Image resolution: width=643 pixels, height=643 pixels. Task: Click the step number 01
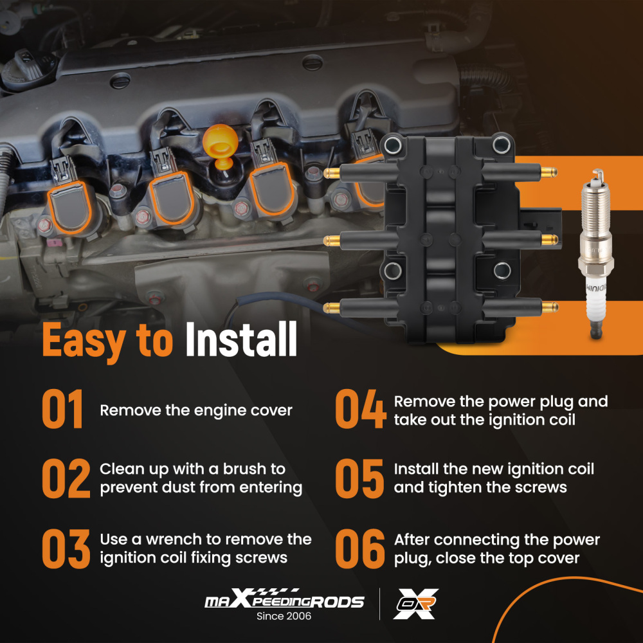click(x=62, y=409)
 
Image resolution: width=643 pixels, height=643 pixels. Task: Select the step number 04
click(x=361, y=409)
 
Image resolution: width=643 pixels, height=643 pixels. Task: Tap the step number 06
click(x=360, y=548)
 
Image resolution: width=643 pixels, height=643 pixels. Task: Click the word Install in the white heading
click(x=241, y=339)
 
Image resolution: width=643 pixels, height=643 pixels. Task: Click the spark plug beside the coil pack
click(x=596, y=253)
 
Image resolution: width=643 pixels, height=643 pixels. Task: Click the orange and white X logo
click(x=415, y=604)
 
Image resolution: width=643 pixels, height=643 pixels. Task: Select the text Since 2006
click(x=284, y=616)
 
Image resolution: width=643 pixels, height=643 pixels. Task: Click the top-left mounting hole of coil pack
click(x=393, y=144)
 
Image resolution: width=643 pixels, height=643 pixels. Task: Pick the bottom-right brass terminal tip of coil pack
click(x=550, y=307)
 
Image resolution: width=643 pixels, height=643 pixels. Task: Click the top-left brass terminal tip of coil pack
click(x=332, y=173)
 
